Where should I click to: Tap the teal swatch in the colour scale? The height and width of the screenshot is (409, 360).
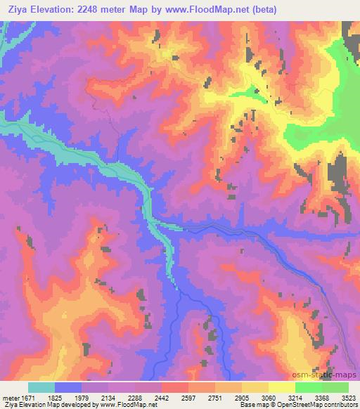click(x=41, y=388)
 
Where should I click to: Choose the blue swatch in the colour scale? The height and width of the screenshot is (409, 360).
click(x=68, y=388)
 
